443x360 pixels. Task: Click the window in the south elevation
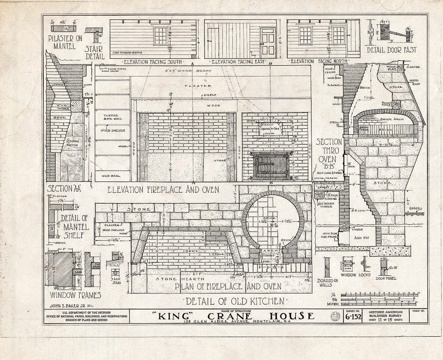click(x=160, y=36)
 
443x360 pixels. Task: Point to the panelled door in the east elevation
click(x=268, y=43)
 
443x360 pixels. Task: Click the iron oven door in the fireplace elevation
click(x=271, y=166)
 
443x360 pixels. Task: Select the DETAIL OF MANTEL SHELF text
click(x=74, y=222)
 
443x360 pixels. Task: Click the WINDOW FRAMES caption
click(x=75, y=295)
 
